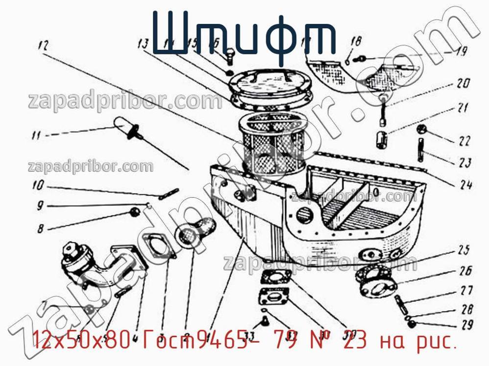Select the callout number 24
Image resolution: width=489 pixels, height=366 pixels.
465,184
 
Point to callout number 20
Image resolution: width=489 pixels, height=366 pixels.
463,83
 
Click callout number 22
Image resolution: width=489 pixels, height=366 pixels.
464,141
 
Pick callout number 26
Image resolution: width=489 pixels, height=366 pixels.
465,270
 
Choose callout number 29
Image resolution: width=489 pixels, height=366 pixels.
467,324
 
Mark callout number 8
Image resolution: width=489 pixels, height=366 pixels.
40,228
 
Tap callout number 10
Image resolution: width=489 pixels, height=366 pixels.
38,186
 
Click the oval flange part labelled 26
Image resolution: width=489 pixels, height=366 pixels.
377,282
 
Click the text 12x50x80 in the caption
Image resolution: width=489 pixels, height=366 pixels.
81,338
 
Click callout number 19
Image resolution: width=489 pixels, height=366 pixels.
461,51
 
